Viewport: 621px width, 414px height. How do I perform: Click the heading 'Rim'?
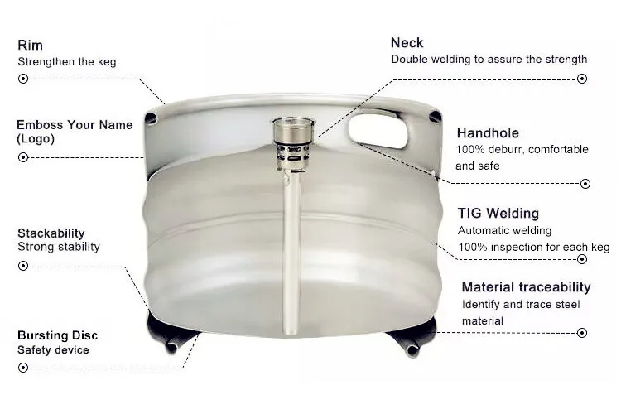click(x=30, y=46)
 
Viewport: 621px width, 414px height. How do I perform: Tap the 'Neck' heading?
click(x=407, y=43)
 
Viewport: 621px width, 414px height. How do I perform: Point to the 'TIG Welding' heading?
click(x=498, y=214)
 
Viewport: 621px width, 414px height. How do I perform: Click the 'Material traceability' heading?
click(x=527, y=287)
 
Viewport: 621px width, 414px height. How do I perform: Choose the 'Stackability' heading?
click(x=51, y=233)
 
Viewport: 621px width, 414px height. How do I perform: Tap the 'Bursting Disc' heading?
click(x=57, y=335)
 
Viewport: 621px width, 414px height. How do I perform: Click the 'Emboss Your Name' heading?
click(x=75, y=125)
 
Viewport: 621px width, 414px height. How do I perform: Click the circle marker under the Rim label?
click(x=23, y=79)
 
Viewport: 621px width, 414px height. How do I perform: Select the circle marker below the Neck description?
click(x=583, y=79)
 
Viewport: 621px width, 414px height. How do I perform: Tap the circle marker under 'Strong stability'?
click(x=23, y=266)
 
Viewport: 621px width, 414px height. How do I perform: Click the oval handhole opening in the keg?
click(x=378, y=131)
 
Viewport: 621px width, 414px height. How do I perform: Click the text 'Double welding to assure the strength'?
click(x=489, y=60)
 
